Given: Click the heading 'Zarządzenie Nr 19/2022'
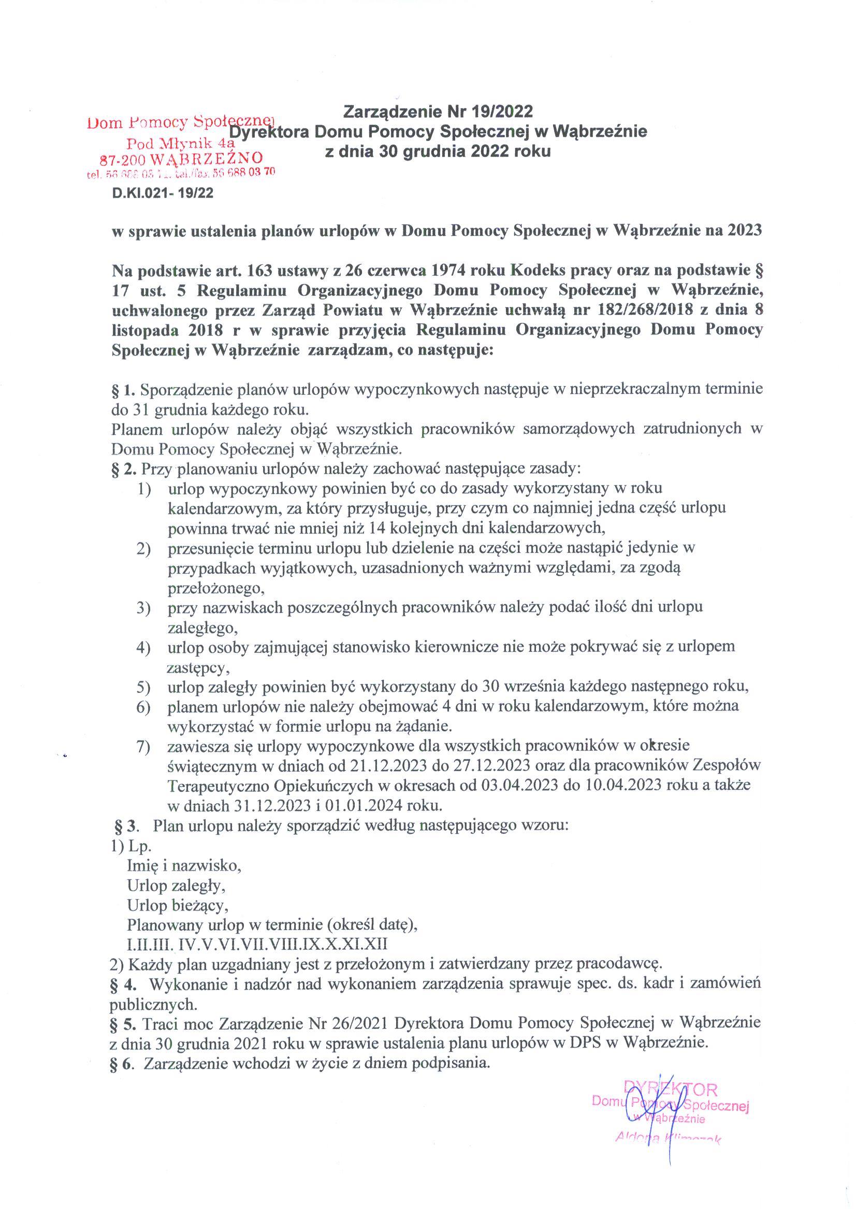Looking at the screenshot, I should tap(438, 112).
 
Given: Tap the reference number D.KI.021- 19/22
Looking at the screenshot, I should tap(163, 194).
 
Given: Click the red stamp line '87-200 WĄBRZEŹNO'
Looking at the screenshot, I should tap(181, 158).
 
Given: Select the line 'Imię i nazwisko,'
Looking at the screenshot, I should tap(184, 865).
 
